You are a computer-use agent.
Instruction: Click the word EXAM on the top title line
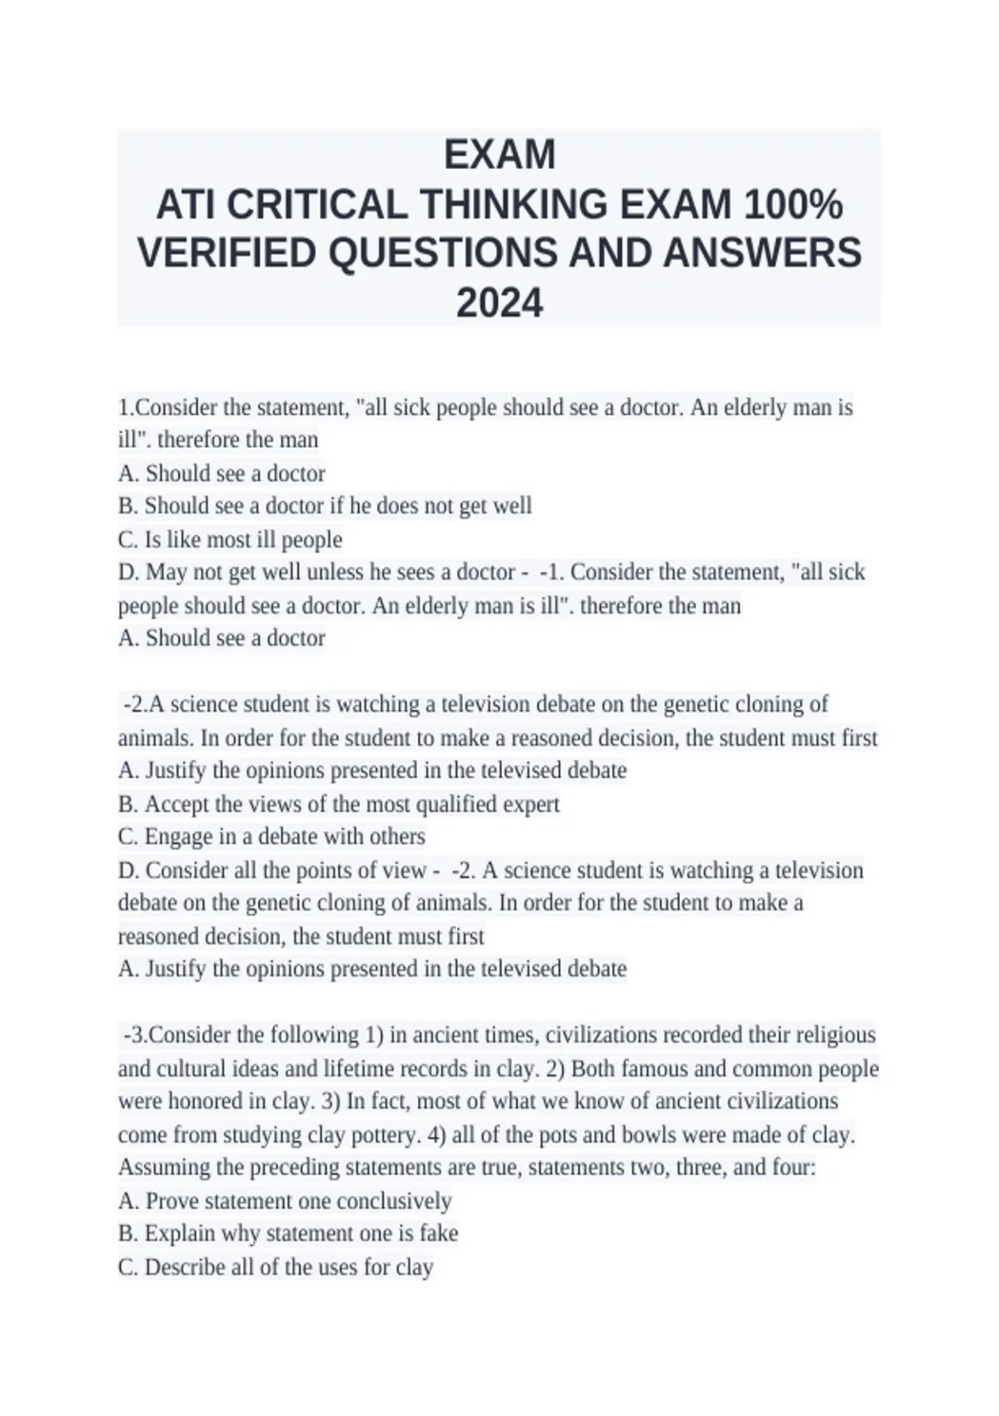(499, 155)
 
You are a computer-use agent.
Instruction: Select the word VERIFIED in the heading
(227, 253)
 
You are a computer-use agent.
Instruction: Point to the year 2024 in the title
(499, 303)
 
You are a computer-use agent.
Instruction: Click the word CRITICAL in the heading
(316, 204)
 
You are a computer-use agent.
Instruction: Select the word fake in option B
(438, 1234)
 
